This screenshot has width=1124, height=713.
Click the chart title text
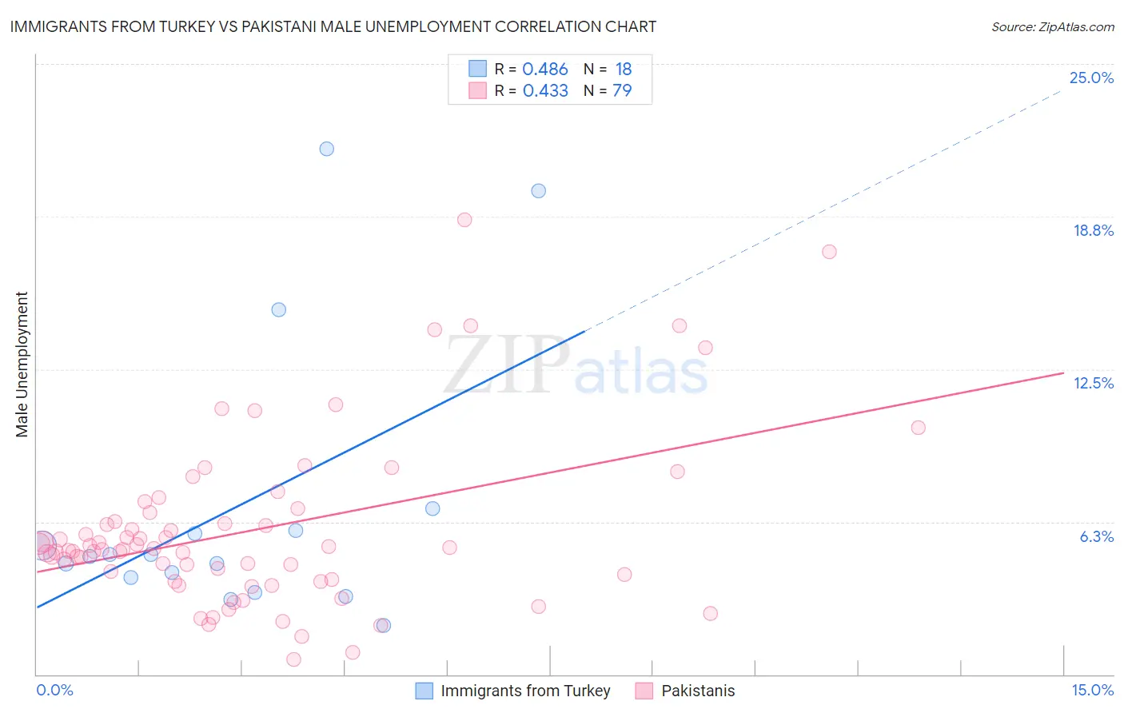pyautogui.click(x=333, y=26)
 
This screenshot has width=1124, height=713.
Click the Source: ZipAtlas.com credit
pyautogui.click(x=1052, y=27)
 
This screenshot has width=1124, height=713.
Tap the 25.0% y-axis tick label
pyautogui.click(x=1091, y=78)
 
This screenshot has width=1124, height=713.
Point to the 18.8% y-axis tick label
pyautogui.click(x=1093, y=230)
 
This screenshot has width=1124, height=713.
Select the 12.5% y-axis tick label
pyautogui.click(x=1093, y=383)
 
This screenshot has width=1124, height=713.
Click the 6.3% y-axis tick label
pyautogui.click(x=1096, y=536)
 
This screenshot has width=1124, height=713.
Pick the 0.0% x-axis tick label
pyautogui.click(x=54, y=690)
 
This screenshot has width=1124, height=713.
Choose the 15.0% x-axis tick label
pyautogui.click(x=1092, y=690)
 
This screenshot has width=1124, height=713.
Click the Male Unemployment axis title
pyautogui.click(x=22, y=364)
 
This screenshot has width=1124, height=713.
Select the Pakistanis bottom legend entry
pyautogui.click(x=697, y=691)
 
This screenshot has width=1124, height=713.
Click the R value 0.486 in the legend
pyautogui.click(x=544, y=70)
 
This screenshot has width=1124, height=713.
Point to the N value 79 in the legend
pyautogui.click(x=622, y=90)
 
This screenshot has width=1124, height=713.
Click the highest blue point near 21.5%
pyautogui.click(x=326, y=149)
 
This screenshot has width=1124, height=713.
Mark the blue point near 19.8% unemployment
pyautogui.click(x=538, y=191)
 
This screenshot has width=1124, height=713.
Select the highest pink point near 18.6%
pyautogui.click(x=464, y=220)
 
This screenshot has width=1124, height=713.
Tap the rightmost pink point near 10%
pyautogui.click(x=918, y=428)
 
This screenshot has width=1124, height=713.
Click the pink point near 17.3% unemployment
pyautogui.click(x=829, y=252)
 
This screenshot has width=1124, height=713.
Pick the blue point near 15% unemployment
pyautogui.click(x=278, y=310)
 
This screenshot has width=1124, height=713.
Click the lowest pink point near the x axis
pyautogui.click(x=293, y=659)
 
